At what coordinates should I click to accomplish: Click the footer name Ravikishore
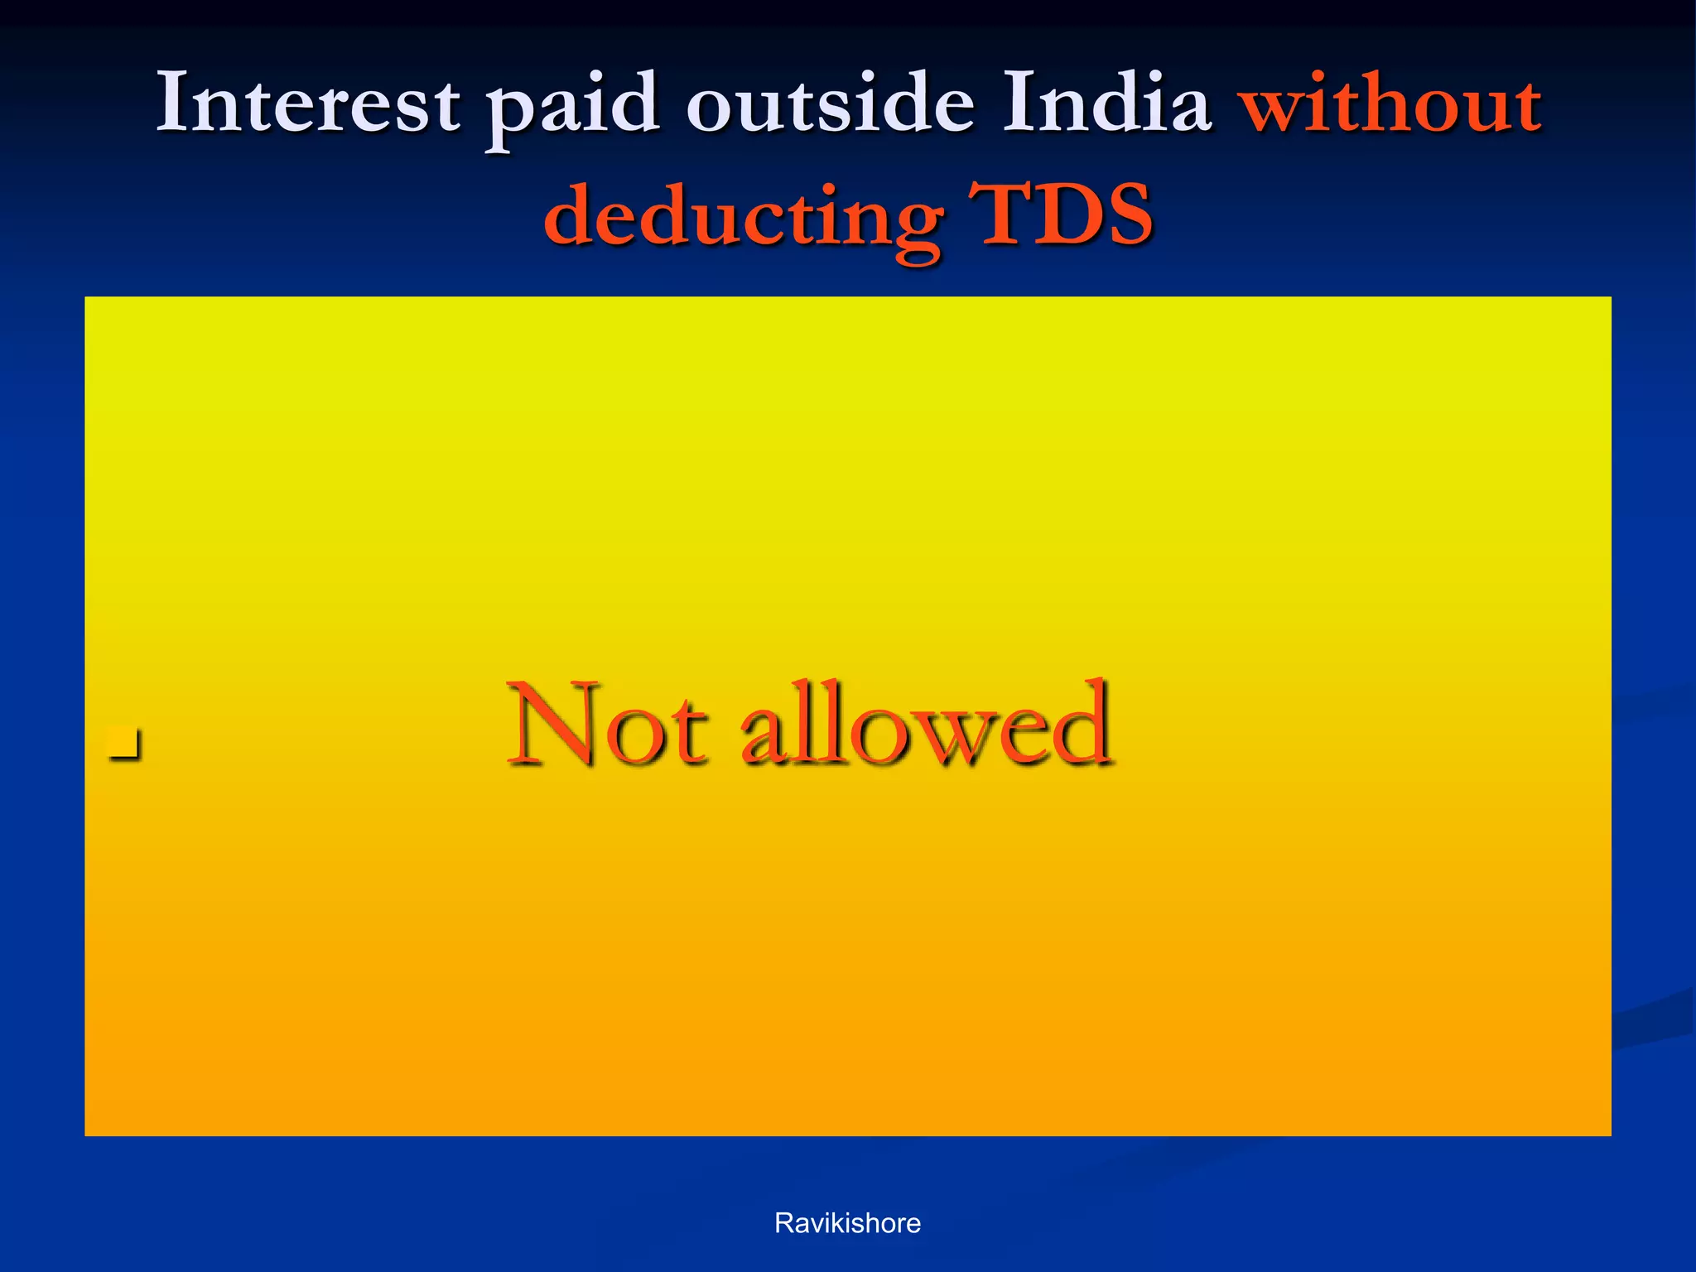pyautogui.click(x=847, y=1223)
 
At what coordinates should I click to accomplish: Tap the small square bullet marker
pyautogui.click(x=124, y=743)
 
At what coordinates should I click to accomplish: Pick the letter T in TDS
pyautogui.click(x=1004, y=215)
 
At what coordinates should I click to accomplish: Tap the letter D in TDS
pyautogui.click(x=1064, y=215)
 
